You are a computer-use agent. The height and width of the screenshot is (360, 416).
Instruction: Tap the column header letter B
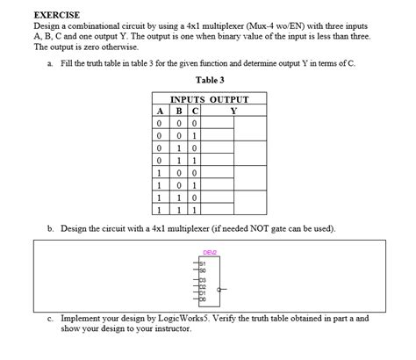pos(178,112)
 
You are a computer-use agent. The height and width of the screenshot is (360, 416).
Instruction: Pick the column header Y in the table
pos(233,112)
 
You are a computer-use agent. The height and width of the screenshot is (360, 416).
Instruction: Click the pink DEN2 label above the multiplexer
pos(209,253)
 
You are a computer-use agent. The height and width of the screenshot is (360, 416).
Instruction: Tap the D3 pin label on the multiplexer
pos(202,279)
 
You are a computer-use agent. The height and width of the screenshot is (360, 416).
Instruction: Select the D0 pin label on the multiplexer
pos(202,298)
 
